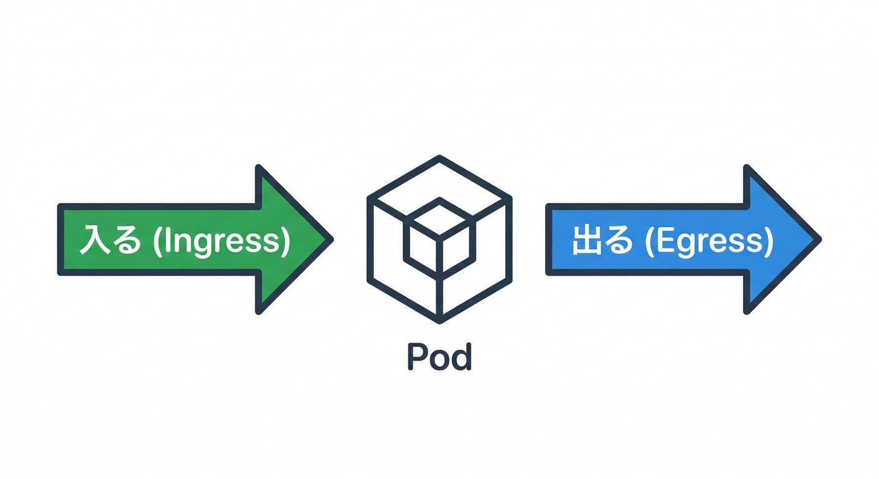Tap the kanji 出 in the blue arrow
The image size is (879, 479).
tap(586, 241)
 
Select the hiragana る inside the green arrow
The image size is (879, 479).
tap(127, 242)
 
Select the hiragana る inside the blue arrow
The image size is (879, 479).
tap(621, 242)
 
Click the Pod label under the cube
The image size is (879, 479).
tap(439, 357)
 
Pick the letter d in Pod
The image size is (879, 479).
tap(461, 357)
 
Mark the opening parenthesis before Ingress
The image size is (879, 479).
tap(157, 242)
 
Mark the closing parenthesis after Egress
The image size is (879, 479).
tap(769, 242)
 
